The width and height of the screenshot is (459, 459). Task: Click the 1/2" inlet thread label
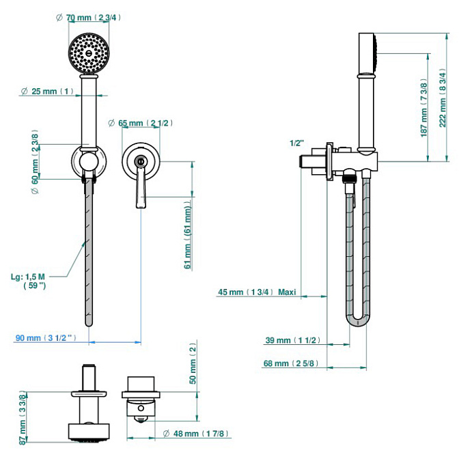(x=296, y=143)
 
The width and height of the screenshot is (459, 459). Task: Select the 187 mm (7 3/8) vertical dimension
(x=424, y=109)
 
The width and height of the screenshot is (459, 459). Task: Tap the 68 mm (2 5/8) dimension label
(x=291, y=363)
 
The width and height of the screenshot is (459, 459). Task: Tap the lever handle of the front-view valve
(x=141, y=189)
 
